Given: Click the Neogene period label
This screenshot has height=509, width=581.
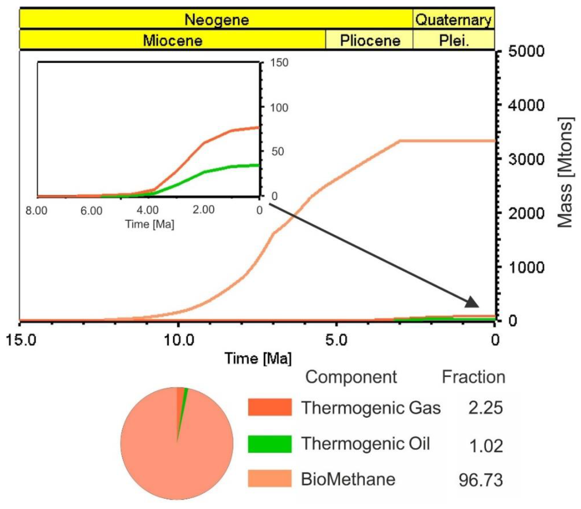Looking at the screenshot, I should click(x=217, y=20).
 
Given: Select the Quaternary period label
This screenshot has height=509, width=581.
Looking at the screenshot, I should click(x=453, y=20).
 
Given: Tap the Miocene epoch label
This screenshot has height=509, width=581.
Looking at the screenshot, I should click(x=173, y=40).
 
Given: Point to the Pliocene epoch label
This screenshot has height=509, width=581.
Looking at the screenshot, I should click(x=370, y=40).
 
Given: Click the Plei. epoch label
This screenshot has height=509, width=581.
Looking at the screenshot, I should click(x=454, y=40).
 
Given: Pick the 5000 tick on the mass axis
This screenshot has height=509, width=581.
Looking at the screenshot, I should click(x=526, y=51).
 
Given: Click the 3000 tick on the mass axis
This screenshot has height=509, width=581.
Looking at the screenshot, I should click(x=526, y=159).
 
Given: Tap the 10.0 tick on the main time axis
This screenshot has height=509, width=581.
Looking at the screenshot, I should click(x=179, y=340).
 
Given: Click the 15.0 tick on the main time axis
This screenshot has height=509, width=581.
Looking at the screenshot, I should click(x=21, y=340).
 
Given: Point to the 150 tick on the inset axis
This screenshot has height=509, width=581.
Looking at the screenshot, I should click(x=279, y=62).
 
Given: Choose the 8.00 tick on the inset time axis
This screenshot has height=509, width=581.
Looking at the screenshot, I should click(x=36, y=211).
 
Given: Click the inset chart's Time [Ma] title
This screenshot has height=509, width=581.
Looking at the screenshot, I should click(x=150, y=224).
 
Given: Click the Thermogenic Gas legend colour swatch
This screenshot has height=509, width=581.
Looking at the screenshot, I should click(x=269, y=407).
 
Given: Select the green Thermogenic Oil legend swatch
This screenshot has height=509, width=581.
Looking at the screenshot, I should click(x=269, y=443).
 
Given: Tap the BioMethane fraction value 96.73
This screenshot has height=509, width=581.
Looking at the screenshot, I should click(x=480, y=480).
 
